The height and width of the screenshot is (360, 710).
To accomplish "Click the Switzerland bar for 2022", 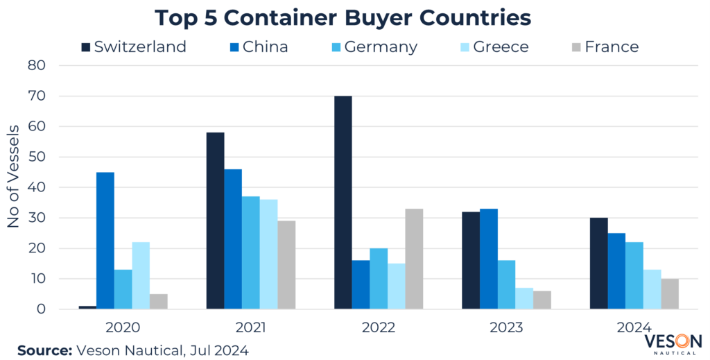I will [x=343, y=203].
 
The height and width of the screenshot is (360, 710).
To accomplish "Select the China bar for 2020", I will [x=105, y=241].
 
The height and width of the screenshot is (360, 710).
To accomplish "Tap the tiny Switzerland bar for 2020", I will [x=87, y=307].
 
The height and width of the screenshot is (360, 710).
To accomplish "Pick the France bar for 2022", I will [x=414, y=259].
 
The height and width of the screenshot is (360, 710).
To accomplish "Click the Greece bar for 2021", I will [x=268, y=254].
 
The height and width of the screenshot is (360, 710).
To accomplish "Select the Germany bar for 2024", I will [x=634, y=275].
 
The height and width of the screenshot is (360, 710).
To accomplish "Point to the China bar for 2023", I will [x=488, y=259].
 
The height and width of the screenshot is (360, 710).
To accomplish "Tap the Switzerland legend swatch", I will [x=86, y=47].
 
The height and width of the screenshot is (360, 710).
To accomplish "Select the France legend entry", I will [x=603, y=47].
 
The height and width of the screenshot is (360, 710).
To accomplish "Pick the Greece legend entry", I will [x=492, y=47].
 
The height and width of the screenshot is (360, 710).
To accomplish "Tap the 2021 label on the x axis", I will [x=251, y=327].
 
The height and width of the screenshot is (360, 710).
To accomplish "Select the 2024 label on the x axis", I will [x=634, y=327].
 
